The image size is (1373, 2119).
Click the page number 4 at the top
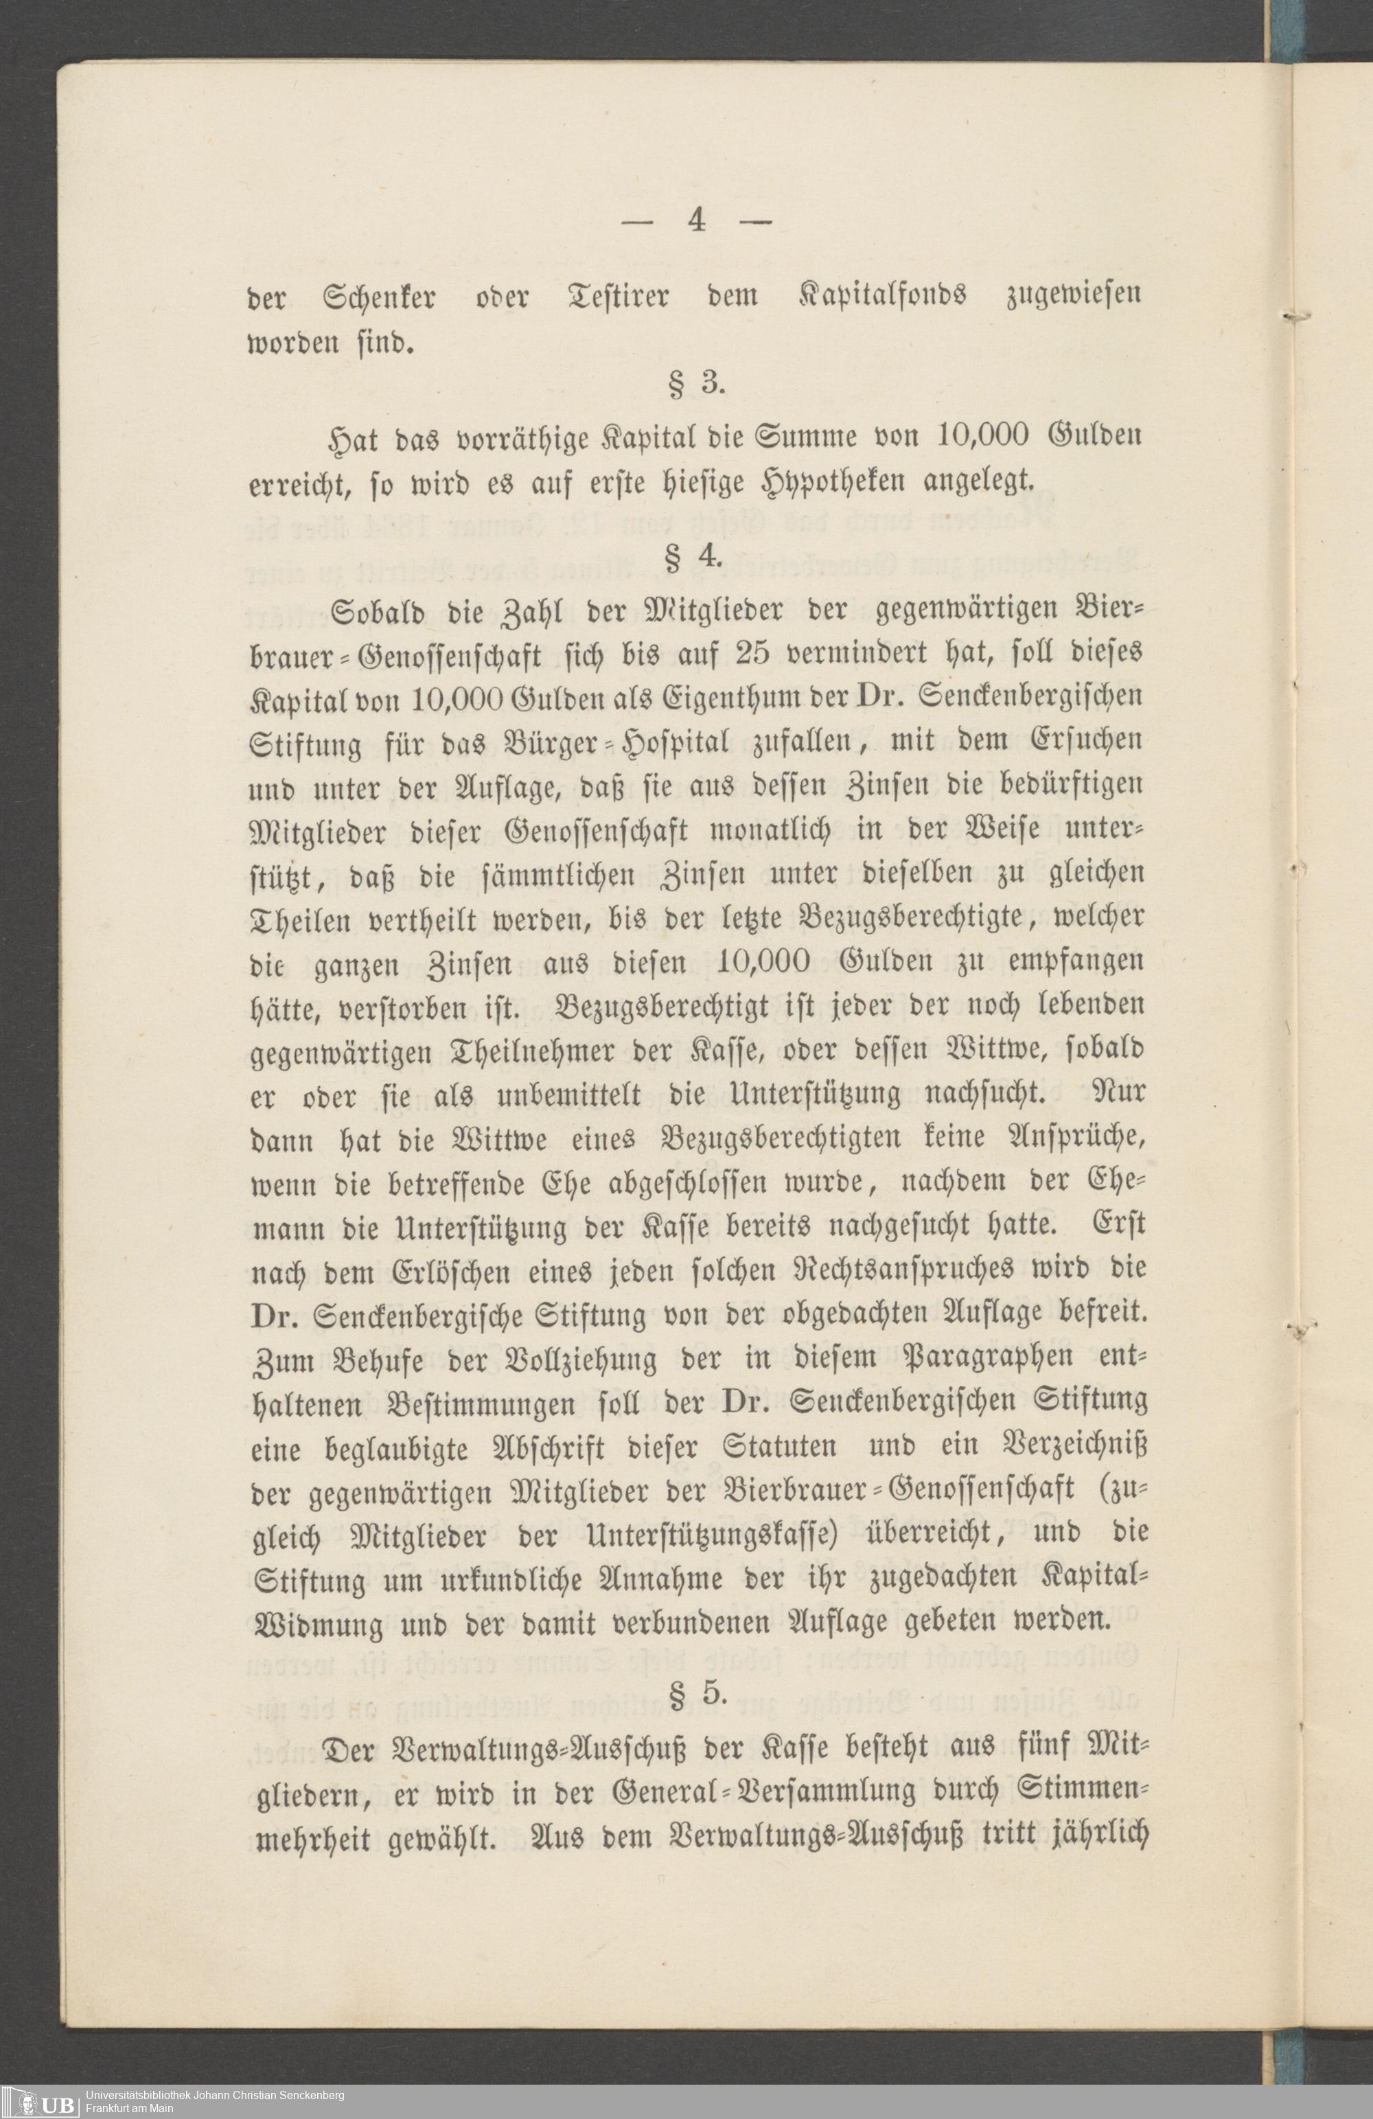(696, 220)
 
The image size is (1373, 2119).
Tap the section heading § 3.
(696, 384)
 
